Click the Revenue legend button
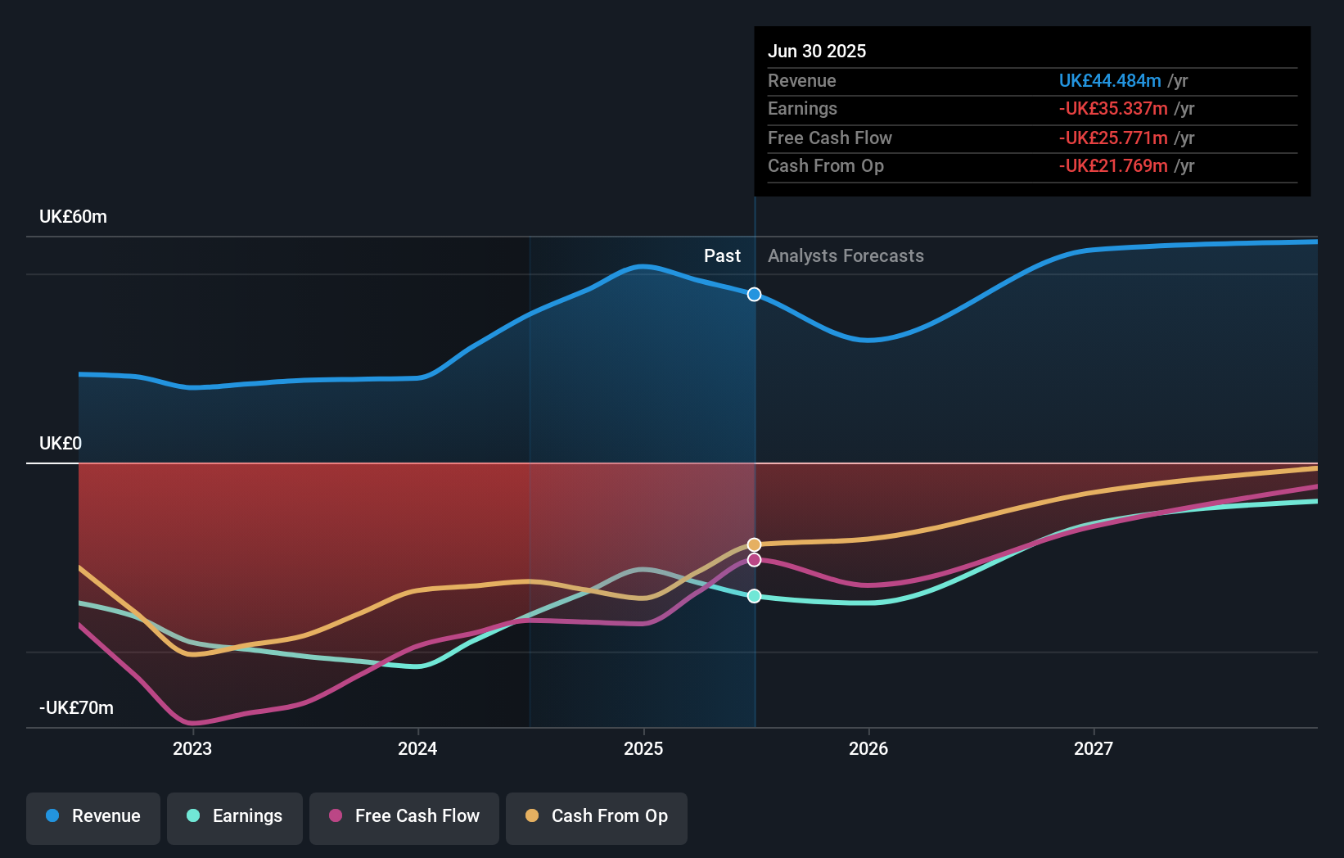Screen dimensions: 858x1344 pos(93,817)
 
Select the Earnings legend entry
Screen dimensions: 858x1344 pos(235,817)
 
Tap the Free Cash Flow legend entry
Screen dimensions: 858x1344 pos(404,817)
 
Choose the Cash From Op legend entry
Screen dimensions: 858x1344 pos(597,817)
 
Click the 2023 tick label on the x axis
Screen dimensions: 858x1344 pos(192,749)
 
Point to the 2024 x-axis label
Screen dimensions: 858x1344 pos(417,749)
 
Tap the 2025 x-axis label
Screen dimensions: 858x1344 pos(643,749)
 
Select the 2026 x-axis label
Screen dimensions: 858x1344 pos(868,749)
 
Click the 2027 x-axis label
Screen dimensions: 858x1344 pos(1094,749)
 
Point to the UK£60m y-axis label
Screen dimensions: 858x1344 pos(73,217)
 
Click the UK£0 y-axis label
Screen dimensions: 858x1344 pos(61,444)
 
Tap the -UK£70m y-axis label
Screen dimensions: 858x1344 pos(76,708)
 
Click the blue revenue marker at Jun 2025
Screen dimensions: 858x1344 pos(755,295)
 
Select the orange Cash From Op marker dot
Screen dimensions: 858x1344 pos(755,544)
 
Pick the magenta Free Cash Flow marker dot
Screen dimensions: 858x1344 pos(755,560)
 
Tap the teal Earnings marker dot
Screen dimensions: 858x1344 pos(755,596)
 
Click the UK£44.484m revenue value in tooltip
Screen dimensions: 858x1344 pos(1110,81)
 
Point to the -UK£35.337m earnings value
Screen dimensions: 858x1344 pos(1113,109)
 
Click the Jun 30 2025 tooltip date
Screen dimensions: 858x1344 pos(817,52)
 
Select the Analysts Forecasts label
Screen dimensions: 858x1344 pos(846,256)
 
